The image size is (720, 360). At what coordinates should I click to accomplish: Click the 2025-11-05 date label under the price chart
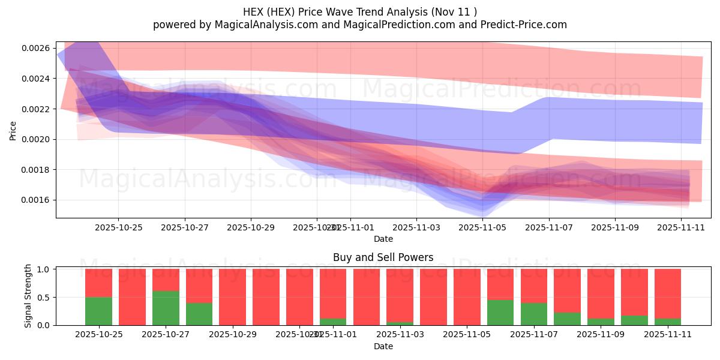482,227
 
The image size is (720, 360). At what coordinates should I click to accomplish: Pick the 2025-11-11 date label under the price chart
681,227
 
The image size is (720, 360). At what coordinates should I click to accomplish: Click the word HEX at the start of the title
254,12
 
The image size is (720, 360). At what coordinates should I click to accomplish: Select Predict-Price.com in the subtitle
521,25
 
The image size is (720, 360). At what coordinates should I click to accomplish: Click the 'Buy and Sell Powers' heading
383,257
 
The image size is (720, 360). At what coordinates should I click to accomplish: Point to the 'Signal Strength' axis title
28,296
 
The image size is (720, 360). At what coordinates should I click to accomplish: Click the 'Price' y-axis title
13,130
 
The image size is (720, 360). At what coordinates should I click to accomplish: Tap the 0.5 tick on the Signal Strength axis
44,297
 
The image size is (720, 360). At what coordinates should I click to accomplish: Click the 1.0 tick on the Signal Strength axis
44,269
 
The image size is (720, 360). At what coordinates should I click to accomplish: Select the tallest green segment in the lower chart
166,308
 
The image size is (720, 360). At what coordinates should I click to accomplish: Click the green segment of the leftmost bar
98,311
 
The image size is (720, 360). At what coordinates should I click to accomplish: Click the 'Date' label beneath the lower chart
383,346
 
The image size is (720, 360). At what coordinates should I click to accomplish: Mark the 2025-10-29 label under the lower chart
233,335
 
